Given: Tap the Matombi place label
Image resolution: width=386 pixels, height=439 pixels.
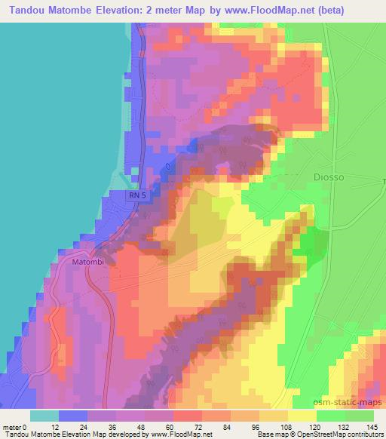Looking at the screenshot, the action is coord(87,262).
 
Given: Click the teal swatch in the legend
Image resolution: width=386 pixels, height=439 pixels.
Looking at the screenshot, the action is coord(44,416).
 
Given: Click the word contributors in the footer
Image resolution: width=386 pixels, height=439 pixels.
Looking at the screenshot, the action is coord(366,434).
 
